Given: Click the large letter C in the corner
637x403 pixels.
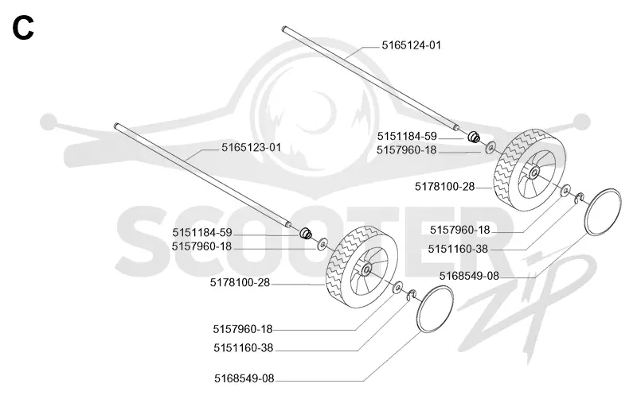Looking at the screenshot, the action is pyautogui.click(x=23, y=28).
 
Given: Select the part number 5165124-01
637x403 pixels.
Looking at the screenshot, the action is pyautogui.click(x=411, y=45).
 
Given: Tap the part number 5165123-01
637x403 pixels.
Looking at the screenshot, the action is pyautogui.click(x=251, y=147).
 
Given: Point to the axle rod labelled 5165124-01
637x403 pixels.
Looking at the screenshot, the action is pyautogui.click(x=371, y=77).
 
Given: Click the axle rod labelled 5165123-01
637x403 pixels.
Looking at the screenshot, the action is pyautogui.click(x=203, y=175).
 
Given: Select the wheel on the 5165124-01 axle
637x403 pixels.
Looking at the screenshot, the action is pyautogui.click(x=530, y=170).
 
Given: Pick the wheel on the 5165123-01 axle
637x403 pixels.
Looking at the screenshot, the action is pyautogui.click(x=362, y=266).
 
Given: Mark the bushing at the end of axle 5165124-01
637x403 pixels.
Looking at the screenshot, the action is pyautogui.click(x=474, y=137).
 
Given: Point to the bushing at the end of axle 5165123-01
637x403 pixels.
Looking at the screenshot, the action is pyautogui.click(x=306, y=234).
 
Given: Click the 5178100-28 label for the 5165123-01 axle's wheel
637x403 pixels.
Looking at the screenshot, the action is pyautogui.click(x=240, y=283).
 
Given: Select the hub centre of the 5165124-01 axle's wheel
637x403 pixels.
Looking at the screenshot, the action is pyautogui.click(x=533, y=172).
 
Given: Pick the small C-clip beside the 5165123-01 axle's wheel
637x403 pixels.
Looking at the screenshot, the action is pyautogui.click(x=412, y=295).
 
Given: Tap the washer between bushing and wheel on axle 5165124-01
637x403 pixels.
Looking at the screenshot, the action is pyautogui.click(x=490, y=147).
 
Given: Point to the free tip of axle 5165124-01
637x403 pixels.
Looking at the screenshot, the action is pyautogui.click(x=283, y=28).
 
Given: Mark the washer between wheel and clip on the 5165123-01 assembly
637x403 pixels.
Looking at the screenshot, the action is pyautogui.click(x=397, y=287).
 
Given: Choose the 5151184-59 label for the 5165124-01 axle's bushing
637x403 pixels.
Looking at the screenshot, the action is pyautogui.click(x=407, y=136).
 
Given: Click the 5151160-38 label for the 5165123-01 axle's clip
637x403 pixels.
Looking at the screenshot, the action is pyautogui.click(x=244, y=348).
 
